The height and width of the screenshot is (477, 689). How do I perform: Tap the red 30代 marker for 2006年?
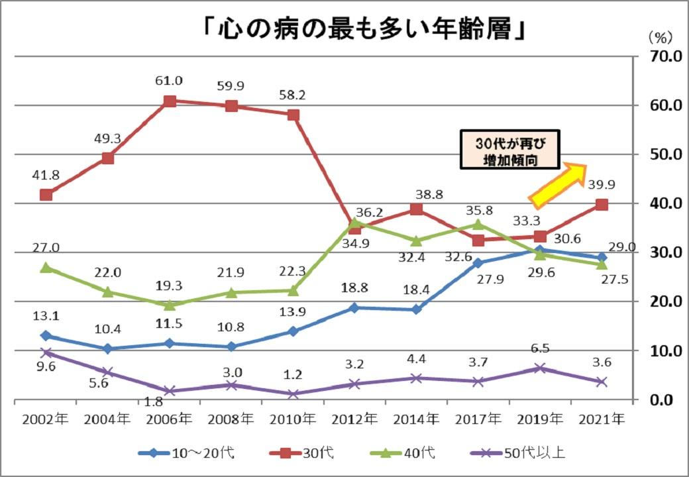point(170,101)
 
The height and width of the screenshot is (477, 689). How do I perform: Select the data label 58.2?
point(292,95)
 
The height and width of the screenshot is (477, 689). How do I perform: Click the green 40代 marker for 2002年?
point(46,268)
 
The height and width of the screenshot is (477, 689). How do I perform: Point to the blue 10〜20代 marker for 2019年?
point(540,250)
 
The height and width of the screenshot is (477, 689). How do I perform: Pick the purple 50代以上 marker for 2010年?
point(293,394)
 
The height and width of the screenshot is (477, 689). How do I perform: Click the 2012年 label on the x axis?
point(354,419)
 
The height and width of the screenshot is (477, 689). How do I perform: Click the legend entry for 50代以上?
point(517,453)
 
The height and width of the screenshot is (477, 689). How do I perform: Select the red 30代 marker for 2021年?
point(601,205)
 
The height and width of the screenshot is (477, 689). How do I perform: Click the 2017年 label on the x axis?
point(478,419)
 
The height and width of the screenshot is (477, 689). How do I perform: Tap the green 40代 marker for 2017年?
point(478,224)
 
